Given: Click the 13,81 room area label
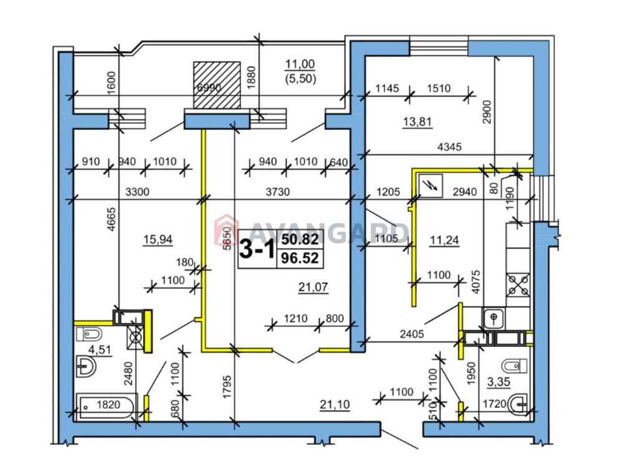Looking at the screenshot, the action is [x=417, y=121].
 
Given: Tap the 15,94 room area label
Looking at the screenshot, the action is [x=158, y=239].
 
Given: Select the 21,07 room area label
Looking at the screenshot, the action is [x=313, y=287].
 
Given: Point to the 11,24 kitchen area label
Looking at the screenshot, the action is [x=444, y=240].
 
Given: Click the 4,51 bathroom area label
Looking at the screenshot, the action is [x=99, y=349].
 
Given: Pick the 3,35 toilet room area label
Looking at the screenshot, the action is [x=498, y=382].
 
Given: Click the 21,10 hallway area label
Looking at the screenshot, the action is [x=335, y=404].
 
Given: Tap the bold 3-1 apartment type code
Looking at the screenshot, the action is [x=257, y=250].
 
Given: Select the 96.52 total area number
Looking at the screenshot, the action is [x=300, y=259].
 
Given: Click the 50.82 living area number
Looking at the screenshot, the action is [x=300, y=239].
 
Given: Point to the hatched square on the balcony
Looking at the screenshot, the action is [x=217, y=85].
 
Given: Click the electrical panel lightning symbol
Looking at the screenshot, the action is [x=430, y=185].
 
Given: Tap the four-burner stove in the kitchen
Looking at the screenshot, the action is [x=518, y=285].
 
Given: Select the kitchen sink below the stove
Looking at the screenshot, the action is [x=494, y=318].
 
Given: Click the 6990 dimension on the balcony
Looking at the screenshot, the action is [x=209, y=87].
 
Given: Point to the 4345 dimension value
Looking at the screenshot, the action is [x=449, y=147].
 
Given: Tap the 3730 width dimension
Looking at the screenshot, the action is [x=278, y=192].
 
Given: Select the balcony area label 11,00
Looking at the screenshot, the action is [x=300, y=64].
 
